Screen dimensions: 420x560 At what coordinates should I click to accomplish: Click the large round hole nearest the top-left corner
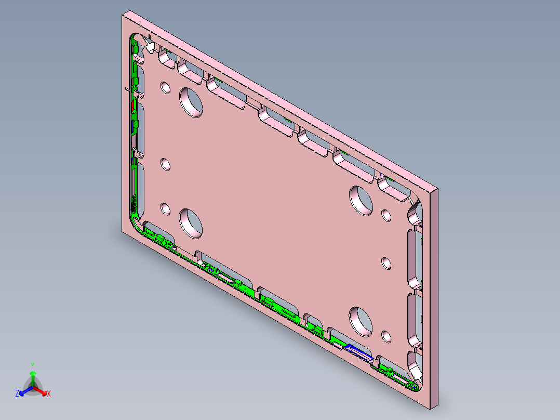click(x=191, y=101)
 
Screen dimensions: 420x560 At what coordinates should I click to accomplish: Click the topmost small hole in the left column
click(x=165, y=87)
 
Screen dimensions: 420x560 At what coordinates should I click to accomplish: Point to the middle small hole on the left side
click(x=165, y=165)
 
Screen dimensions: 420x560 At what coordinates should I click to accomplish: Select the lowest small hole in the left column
click(x=165, y=209)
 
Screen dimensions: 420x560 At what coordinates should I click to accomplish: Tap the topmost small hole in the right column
click(x=386, y=215)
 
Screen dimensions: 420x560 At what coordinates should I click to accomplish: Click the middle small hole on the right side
click(x=386, y=262)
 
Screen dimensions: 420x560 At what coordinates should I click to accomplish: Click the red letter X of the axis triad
click(x=49, y=394)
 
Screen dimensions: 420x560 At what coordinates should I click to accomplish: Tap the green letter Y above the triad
click(x=33, y=365)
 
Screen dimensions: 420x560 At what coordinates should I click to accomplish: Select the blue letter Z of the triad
click(x=17, y=394)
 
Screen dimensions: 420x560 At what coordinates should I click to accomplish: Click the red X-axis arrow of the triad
click(x=42, y=392)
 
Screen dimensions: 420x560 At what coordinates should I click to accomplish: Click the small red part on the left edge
click(x=134, y=106)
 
